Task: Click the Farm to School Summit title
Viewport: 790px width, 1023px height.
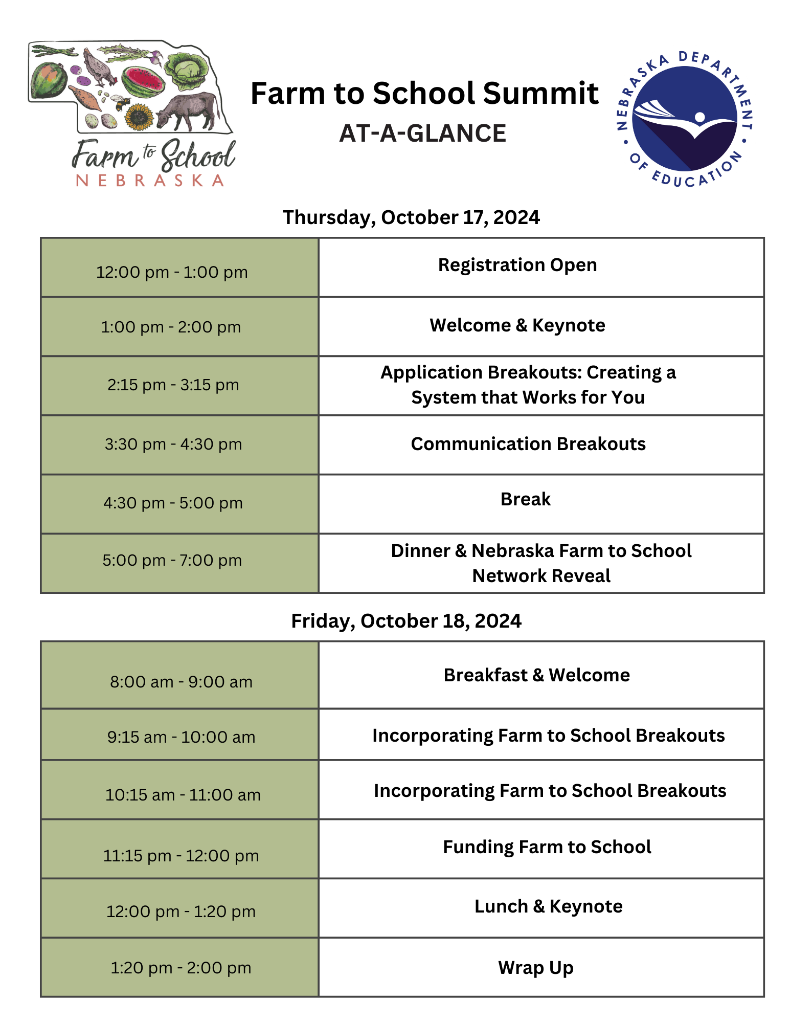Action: point(424,94)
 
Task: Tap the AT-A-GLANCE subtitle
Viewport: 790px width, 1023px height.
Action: point(422,134)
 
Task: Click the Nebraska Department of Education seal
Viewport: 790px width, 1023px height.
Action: point(684,119)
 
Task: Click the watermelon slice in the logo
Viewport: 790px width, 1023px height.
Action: point(143,81)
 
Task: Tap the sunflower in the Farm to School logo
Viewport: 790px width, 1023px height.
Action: point(138,117)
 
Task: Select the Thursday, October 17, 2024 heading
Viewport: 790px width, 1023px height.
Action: point(411,217)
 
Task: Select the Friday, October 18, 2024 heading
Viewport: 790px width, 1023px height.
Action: point(406,621)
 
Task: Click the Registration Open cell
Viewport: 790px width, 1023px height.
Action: point(517,265)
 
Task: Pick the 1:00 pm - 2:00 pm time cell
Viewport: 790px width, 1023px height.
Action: point(171,327)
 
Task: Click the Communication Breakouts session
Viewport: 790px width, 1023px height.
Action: point(528,444)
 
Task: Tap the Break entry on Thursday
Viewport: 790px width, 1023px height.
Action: point(526,499)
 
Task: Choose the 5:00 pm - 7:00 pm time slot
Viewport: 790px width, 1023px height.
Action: point(172,561)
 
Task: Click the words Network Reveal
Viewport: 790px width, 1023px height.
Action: point(541,576)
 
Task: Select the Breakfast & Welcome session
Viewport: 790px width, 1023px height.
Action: point(536,675)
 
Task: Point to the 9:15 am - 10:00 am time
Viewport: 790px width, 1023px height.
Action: point(181,737)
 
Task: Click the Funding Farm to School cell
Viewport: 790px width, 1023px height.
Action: point(547,847)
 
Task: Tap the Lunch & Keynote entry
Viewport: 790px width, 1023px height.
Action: point(548,906)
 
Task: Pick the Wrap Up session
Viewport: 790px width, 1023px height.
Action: point(536,968)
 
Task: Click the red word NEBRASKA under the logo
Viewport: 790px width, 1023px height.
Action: point(150,181)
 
